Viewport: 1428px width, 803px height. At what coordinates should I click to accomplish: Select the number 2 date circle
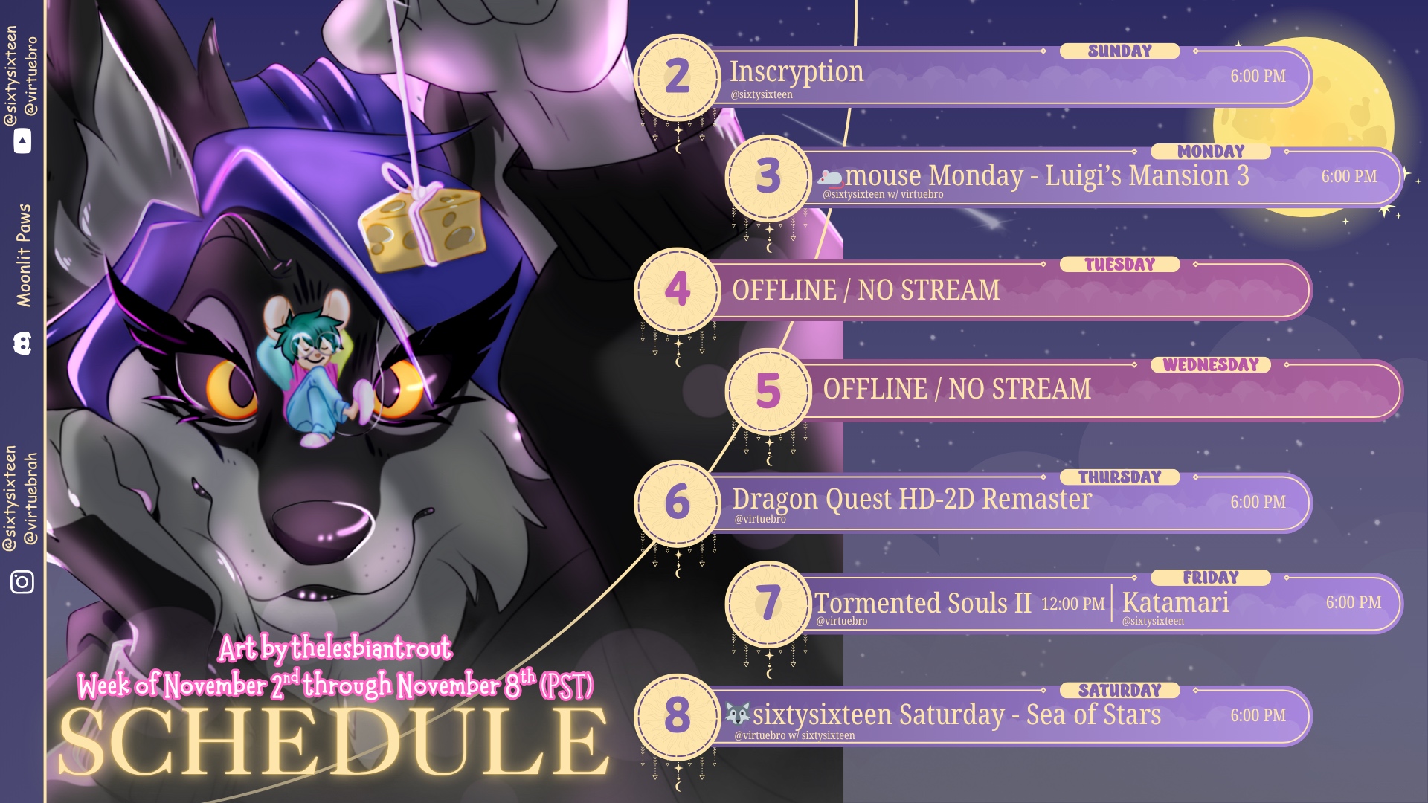pyautogui.click(x=678, y=77)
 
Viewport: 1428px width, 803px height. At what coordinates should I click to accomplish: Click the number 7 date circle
pyautogui.click(x=768, y=603)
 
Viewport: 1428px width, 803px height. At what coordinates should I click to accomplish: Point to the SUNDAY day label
pyautogui.click(x=1119, y=51)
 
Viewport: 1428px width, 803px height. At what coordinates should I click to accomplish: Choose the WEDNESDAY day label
pyautogui.click(x=1211, y=365)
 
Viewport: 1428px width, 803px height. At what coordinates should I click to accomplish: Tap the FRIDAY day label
pyautogui.click(x=1211, y=578)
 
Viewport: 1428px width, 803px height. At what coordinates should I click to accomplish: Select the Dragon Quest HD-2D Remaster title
pyautogui.click(x=912, y=499)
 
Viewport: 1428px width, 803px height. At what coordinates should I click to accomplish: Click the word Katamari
pyautogui.click(x=1175, y=602)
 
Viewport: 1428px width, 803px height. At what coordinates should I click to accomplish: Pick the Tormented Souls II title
pyautogui.click(x=923, y=603)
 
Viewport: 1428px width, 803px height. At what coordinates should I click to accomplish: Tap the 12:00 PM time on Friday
pyautogui.click(x=1072, y=604)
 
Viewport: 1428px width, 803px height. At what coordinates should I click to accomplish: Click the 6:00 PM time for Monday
pyautogui.click(x=1349, y=177)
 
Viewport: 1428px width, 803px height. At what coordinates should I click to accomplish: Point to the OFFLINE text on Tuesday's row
pyautogui.click(x=784, y=290)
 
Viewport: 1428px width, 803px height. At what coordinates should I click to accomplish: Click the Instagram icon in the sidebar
pyautogui.click(x=22, y=581)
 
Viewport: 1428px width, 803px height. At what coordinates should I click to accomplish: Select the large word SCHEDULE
pyautogui.click(x=334, y=741)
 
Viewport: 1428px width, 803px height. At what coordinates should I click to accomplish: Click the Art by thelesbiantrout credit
pyautogui.click(x=335, y=648)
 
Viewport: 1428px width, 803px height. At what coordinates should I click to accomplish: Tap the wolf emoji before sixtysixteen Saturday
pyautogui.click(x=738, y=715)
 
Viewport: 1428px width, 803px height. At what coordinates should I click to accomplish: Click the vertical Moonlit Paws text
pyautogui.click(x=24, y=255)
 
